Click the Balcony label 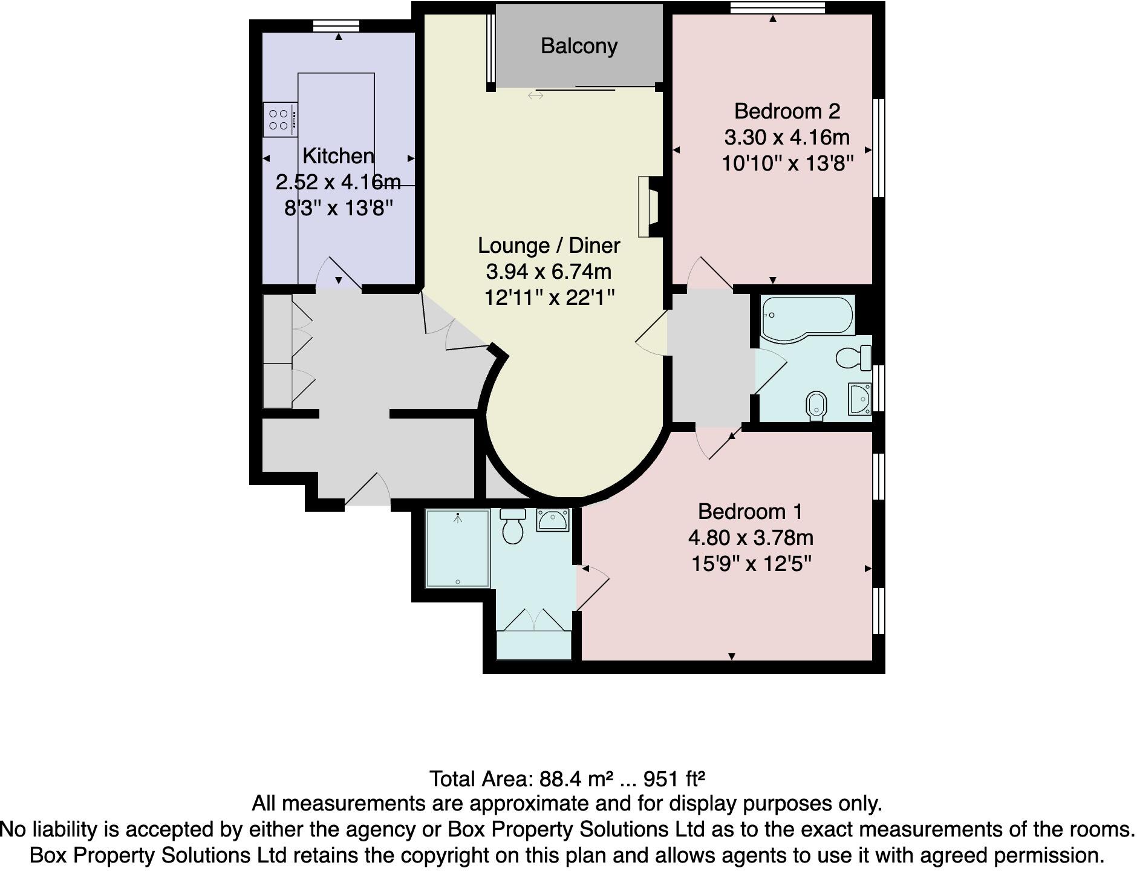pyautogui.click(x=579, y=46)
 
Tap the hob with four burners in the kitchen pyautogui.click(x=279, y=120)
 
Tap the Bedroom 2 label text pyautogui.click(x=787, y=111)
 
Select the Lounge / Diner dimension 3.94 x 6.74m pyautogui.click(x=549, y=272)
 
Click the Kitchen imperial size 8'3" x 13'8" pyautogui.click(x=338, y=209)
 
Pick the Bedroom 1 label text pyautogui.click(x=750, y=512)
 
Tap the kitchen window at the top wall pyautogui.click(x=336, y=25)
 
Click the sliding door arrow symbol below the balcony pyautogui.click(x=535, y=96)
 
